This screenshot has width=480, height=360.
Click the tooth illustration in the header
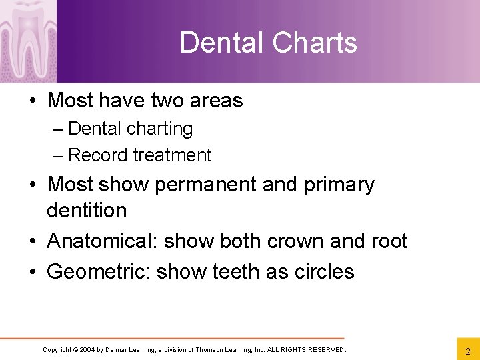(x=29, y=37)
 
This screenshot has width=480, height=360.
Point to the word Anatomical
(x=102, y=241)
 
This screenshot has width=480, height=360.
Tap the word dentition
(x=87, y=211)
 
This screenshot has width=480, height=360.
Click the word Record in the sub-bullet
(x=99, y=155)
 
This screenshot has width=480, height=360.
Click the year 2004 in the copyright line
(x=87, y=350)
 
